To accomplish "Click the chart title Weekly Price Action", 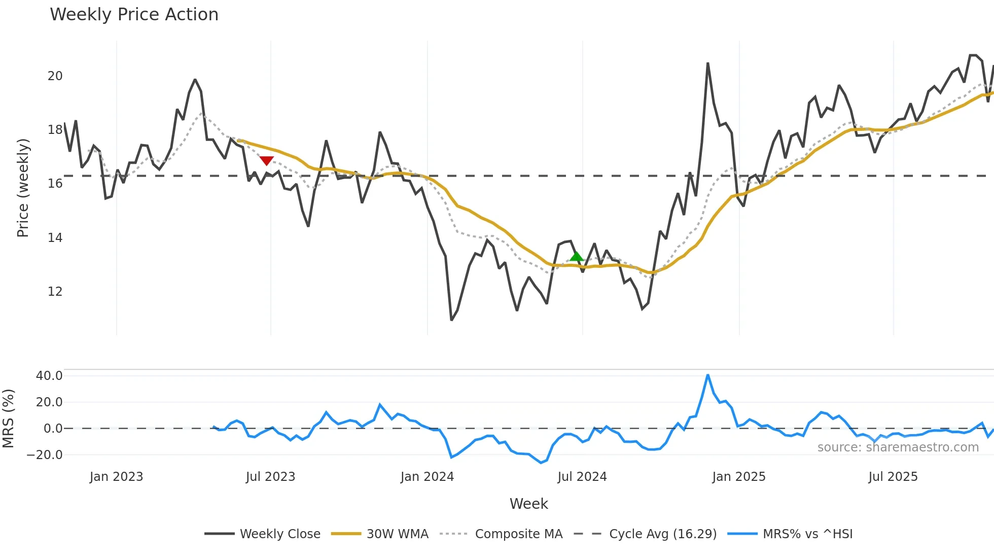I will coord(134,15).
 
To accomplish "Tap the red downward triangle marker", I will coord(266,161).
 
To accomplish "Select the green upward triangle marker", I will coord(576,256).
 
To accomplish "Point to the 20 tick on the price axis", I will coord(55,76).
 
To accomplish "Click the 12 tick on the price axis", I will coord(55,292).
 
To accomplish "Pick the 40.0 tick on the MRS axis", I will coord(49,376).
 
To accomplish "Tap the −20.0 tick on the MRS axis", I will coord(45,455).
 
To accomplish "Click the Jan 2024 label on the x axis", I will coord(427,477).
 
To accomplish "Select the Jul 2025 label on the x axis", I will coord(893,477).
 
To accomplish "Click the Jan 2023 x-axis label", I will coord(116,477).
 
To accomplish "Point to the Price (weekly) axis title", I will coord(23,188).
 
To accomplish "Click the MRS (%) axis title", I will coord(8,418).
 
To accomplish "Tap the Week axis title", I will coord(528,504).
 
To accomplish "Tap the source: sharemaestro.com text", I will coord(898,447).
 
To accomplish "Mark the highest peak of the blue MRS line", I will coord(707,375).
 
